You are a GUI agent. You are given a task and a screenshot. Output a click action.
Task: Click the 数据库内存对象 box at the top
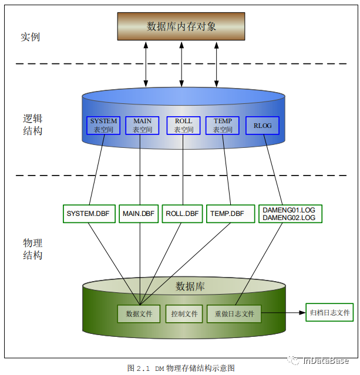coord(181,26)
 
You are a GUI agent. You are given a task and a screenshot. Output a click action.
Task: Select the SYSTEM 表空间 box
coord(103,126)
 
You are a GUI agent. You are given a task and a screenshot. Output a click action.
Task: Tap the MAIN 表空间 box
coord(142,126)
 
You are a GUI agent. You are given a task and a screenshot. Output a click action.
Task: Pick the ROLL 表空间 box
coord(183,126)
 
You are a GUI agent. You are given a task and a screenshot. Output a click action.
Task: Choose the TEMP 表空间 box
coord(223,126)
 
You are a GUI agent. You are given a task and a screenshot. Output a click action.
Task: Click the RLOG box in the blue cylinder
coord(263,126)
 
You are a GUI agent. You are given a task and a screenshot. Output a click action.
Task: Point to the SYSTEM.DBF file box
coord(89,214)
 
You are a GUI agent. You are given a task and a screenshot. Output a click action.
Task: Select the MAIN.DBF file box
coord(139,214)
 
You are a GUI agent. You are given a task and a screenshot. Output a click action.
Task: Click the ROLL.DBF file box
coord(182,214)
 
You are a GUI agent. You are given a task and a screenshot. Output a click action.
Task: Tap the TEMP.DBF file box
coord(230,214)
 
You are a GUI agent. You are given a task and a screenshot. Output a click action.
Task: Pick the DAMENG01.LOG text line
coord(289,210)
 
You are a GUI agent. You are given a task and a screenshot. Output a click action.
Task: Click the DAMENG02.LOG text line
coord(289,218)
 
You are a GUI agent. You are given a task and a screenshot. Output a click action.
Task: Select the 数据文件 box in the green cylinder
coord(139,314)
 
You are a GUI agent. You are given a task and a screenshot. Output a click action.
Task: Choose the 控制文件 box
coord(184,314)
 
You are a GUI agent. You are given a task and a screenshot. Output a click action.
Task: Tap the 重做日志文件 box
coord(234,314)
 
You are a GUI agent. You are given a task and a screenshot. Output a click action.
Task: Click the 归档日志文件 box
coord(329,312)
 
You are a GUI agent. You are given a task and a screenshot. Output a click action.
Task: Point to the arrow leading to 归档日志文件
coord(284,313)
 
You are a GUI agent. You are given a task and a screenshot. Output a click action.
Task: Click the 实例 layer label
coord(30,37)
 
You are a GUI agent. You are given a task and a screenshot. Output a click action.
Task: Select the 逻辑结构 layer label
coord(32,124)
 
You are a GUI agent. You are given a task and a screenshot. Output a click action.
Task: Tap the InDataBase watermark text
coord(326,360)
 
